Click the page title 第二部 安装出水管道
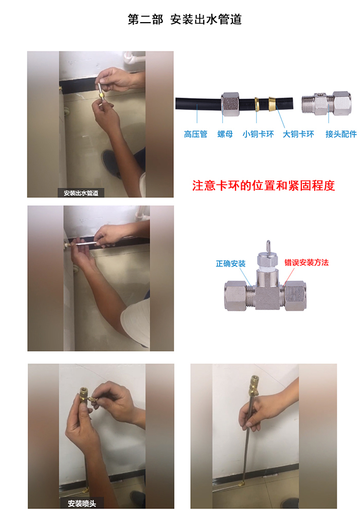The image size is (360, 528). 184,20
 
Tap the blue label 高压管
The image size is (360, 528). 195,134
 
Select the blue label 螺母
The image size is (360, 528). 225,134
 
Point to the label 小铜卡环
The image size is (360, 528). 258,134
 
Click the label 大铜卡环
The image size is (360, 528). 298,134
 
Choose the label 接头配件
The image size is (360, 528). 341,134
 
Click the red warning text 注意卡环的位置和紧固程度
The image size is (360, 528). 263,186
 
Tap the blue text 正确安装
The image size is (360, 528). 230,263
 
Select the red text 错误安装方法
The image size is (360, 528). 307,263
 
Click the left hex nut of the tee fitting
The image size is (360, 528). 236,296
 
